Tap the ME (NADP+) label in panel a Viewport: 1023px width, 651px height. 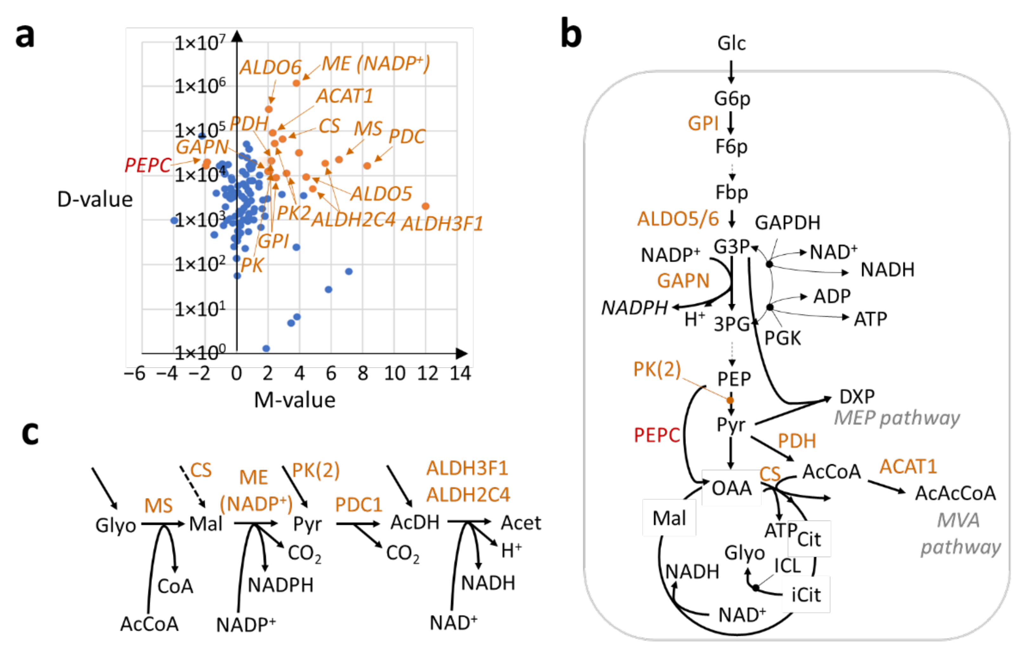376,64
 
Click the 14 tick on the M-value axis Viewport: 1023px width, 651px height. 460,374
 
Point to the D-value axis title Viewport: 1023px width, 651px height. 95,199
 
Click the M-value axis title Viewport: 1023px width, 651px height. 294,400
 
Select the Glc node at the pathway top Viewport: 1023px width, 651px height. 731,43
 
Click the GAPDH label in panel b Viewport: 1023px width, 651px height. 787,222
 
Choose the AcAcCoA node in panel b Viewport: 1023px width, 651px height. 955,493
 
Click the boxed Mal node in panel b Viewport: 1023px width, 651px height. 669,518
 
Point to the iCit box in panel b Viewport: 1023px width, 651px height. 806,595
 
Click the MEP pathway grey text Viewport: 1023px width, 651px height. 897,418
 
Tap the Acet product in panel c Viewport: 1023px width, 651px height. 521,523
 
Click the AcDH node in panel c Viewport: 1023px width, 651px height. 415,522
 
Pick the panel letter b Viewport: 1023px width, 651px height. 571,33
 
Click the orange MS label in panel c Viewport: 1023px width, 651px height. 158,506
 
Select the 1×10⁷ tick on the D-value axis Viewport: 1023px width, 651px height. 200,43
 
